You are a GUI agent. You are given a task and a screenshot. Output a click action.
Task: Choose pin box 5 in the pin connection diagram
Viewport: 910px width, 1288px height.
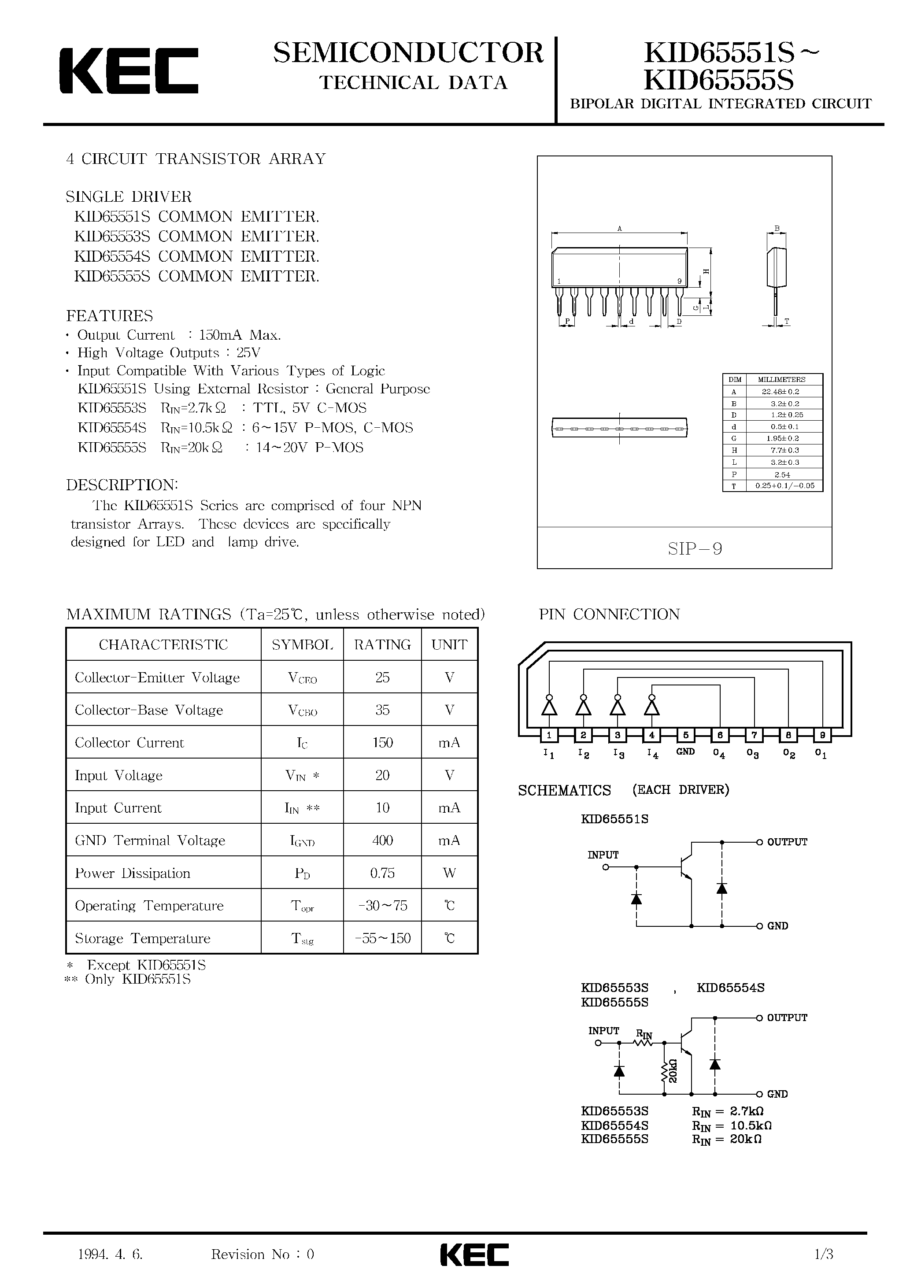coord(686,735)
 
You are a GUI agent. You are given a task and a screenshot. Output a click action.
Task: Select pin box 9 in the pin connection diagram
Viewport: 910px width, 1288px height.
coord(822,735)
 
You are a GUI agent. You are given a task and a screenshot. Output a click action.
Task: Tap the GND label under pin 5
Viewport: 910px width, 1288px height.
coord(686,752)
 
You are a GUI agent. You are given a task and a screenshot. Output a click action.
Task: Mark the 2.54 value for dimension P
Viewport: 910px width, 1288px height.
coord(781,474)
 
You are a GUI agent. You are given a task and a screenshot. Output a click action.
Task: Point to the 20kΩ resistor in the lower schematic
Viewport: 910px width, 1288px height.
coord(666,1071)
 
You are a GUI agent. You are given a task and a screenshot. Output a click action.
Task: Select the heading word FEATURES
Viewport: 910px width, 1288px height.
coord(109,316)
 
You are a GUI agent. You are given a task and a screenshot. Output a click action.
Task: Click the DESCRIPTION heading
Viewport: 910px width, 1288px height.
coord(122,485)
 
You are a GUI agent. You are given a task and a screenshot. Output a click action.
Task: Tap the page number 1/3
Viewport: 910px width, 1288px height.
coord(824,1255)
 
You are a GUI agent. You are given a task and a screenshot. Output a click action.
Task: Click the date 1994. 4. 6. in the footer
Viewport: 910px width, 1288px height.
coord(111,1255)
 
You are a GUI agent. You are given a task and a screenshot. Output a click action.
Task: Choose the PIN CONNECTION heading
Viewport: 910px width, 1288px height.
coord(609,614)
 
